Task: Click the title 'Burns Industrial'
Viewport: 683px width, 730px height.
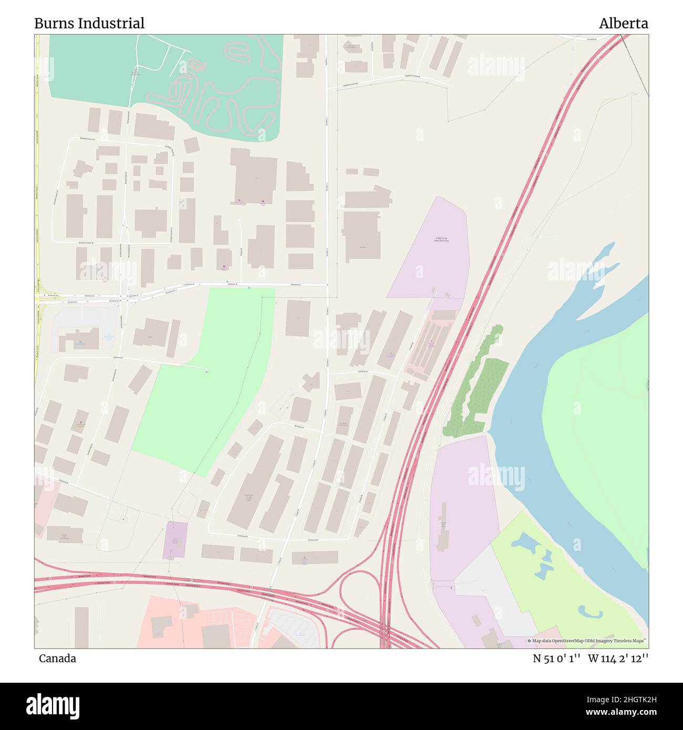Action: [x=89, y=23]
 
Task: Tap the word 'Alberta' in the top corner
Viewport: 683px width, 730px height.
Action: [x=623, y=23]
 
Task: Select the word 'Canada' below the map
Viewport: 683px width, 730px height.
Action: [x=57, y=658]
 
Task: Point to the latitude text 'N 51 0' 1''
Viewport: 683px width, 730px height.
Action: [x=556, y=658]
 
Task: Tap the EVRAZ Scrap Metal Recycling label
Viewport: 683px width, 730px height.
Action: [x=441, y=239]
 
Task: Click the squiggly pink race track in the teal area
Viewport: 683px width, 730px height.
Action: [x=221, y=89]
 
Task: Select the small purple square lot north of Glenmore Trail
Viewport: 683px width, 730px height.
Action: [x=175, y=540]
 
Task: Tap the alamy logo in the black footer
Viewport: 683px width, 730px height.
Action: [x=53, y=705]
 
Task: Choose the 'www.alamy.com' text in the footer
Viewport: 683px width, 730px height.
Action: [x=618, y=712]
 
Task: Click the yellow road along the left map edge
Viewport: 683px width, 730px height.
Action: [x=37, y=210]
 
